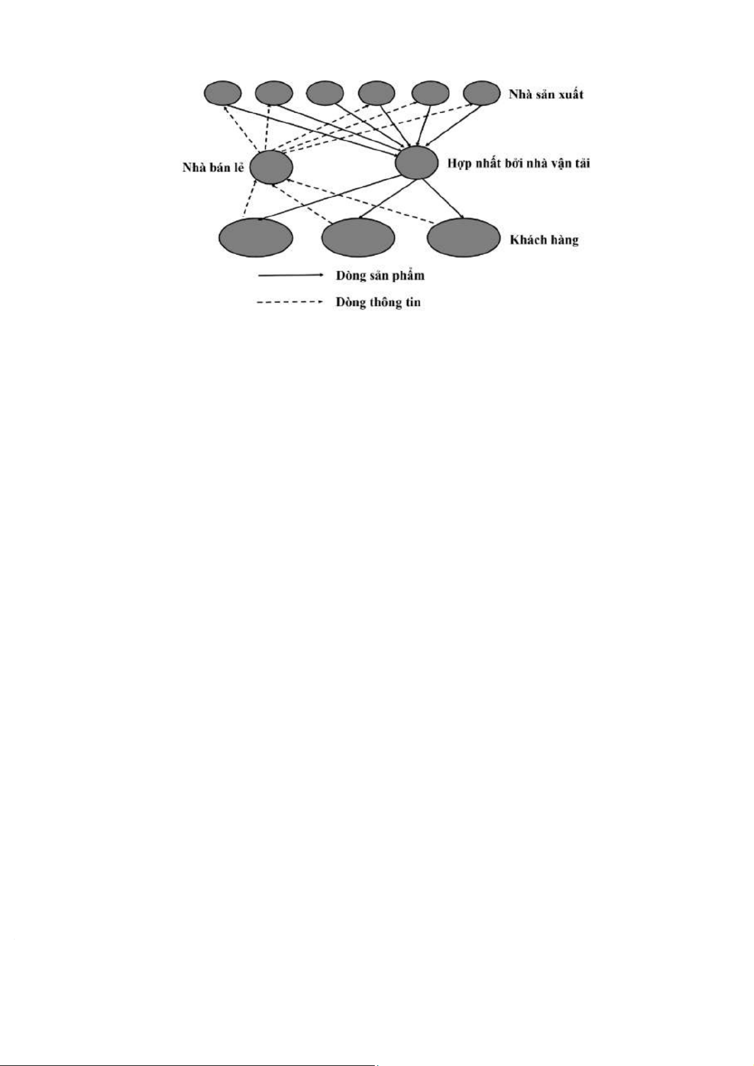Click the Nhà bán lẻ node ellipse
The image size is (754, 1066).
pyautogui.click(x=271, y=167)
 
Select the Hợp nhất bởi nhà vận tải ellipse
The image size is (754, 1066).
pyautogui.click(x=417, y=163)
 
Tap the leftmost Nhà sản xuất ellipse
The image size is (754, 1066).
pyautogui.click(x=222, y=93)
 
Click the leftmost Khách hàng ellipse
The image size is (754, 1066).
pyautogui.click(x=256, y=237)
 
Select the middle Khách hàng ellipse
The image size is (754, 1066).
pyautogui.click(x=359, y=237)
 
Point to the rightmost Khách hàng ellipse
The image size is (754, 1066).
pyautogui.click(x=463, y=237)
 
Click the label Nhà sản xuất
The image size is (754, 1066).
pyautogui.click(x=546, y=94)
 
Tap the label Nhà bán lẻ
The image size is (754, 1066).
pyautogui.click(x=213, y=168)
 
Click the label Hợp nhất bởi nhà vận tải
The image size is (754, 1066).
pyautogui.click(x=518, y=164)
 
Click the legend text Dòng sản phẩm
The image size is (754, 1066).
pyautogui.click(x=380, y=276)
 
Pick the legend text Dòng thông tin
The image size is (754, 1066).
pyautogui.click(x=378, y=302)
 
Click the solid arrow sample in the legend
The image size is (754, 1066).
pyautogui.click(x=291, y=275)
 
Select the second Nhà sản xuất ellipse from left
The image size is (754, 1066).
pyautogui.click(x=274, y=93)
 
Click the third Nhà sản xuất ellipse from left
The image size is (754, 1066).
pyautogui.click(x=325, y=93)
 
